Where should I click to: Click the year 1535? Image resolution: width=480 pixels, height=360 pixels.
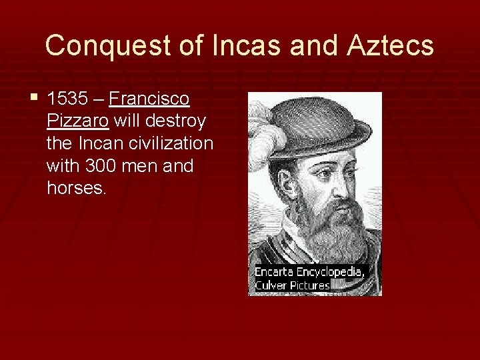(x=67, y=99)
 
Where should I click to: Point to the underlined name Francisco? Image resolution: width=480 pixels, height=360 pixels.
(x=149, y=99)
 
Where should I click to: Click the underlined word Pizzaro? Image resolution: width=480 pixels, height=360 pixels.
(x=78, y=121)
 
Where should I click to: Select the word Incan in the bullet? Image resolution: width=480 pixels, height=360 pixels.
(x=98, y=143)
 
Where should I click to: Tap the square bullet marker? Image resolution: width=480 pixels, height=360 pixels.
(x=35, y=99)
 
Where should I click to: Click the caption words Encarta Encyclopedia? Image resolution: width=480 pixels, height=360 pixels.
(x=310, y=272)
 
